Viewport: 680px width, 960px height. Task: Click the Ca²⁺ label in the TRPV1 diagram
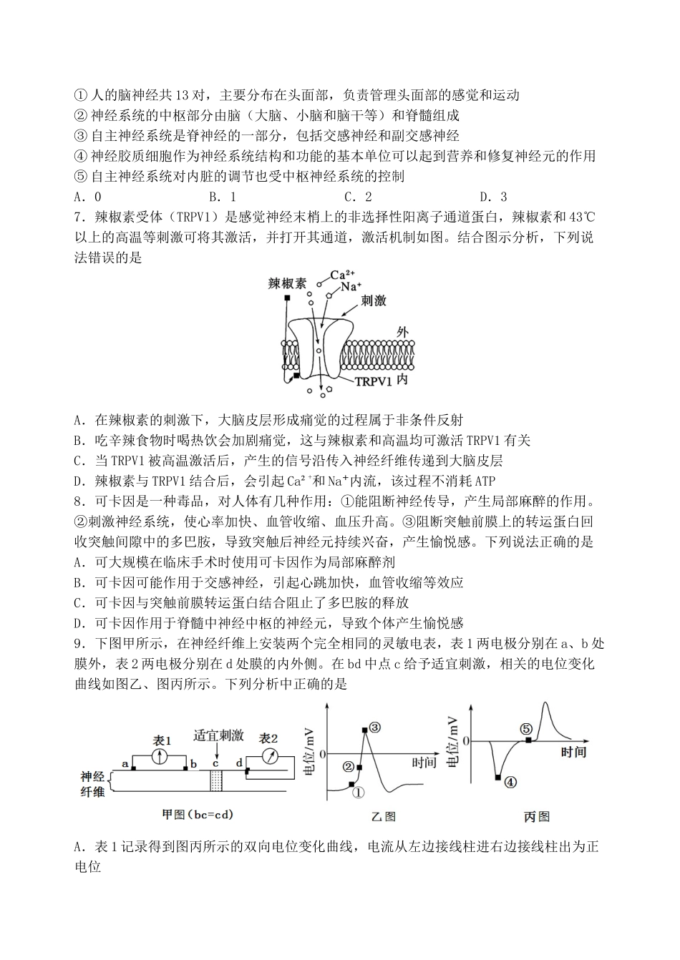342,275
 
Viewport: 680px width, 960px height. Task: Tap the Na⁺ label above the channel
350,287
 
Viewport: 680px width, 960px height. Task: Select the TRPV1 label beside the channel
373,381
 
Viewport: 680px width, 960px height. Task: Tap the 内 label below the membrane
402,378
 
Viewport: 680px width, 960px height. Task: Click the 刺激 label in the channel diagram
374,300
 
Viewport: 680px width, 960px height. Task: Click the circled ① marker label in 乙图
359,792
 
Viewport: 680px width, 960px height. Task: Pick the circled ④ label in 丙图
510,782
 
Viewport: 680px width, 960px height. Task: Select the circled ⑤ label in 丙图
526,728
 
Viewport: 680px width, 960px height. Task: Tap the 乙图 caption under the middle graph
383,816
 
